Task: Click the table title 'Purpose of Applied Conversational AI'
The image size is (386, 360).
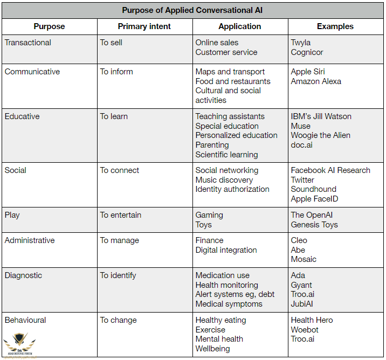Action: [x=192, y=10]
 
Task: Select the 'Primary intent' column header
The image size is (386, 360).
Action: [x=144, y=26]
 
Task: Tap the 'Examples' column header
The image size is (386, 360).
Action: [x=335, y=26]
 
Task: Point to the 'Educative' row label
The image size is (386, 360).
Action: [x=22, y=116]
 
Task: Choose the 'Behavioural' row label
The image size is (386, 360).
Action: [x=25, y=320]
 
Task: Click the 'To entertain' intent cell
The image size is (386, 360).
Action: [x=121, y=215]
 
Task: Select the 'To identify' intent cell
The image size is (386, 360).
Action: [x=118, y=275]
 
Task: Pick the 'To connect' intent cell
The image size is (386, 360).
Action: [x=120, y=170]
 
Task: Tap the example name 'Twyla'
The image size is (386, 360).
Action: [x=301, y=43]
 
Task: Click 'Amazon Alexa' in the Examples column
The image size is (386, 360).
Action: [x=316, y=81]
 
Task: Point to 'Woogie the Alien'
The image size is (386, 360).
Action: [x=320, y=135]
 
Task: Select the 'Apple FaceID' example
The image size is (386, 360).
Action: [x=315, y=199]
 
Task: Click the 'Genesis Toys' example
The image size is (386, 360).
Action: [x=314, y=225]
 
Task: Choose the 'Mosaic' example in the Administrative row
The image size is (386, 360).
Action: [x=304, y=259]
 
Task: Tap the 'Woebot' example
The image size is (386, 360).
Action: [x=305, y=330]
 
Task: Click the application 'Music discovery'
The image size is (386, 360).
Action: [x=224, y=180]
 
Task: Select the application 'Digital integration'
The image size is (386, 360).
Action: [x=226, y=250]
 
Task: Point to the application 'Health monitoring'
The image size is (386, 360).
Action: [x=227, y=285]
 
